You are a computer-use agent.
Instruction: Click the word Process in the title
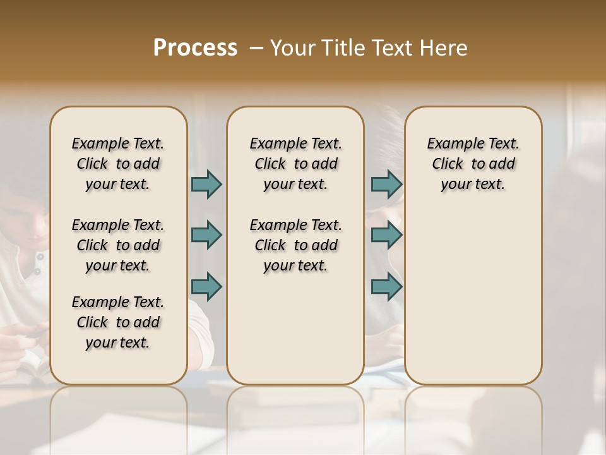click(x=195, y=48)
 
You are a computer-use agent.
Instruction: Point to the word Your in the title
click(x=292, y=48)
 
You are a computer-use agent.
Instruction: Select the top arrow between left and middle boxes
click(x=206, y=184)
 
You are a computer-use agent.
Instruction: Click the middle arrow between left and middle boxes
click(x=206, y=235)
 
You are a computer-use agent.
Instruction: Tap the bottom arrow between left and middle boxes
click(x=206, y=286)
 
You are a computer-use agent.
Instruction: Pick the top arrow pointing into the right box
click(x=386, y=184)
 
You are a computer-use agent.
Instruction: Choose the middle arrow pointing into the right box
click(x=386, y=235)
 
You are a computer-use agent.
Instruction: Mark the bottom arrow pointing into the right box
click(x=386, y=286)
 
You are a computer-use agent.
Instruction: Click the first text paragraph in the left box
click(x=118, y=164)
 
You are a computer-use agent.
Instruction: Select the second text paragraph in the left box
click(x=118, y=245)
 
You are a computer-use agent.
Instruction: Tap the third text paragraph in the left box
click(x=118, y=322)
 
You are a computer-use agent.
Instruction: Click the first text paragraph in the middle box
click(x=295, y=164)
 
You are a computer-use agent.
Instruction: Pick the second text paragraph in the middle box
click(x=295, y=245)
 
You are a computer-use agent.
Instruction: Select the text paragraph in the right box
click(x=473, y=164)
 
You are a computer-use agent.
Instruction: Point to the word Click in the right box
click(x=448, y=164)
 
